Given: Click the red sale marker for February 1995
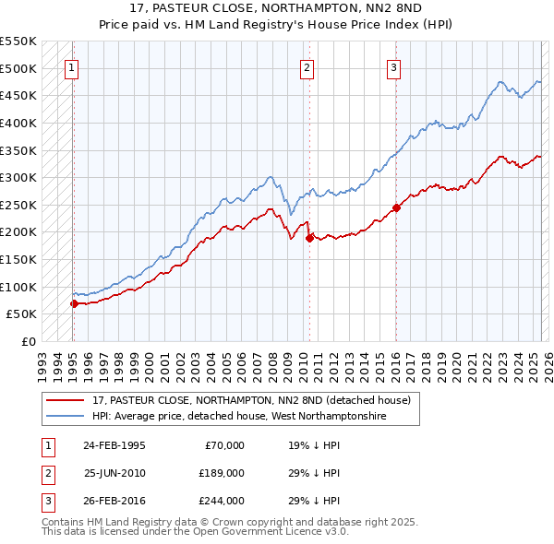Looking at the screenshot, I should (x=74, y=302).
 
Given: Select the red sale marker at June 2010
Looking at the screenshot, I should (x=309, y=238).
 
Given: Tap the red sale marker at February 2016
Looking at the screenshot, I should (x=396, y=207).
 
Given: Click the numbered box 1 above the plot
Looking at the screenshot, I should (x=71, y=67).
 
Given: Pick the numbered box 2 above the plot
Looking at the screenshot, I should (x=307, y=67).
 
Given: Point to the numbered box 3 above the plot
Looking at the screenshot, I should (x=393, y=67).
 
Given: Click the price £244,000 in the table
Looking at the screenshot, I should (x=221, y=501).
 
